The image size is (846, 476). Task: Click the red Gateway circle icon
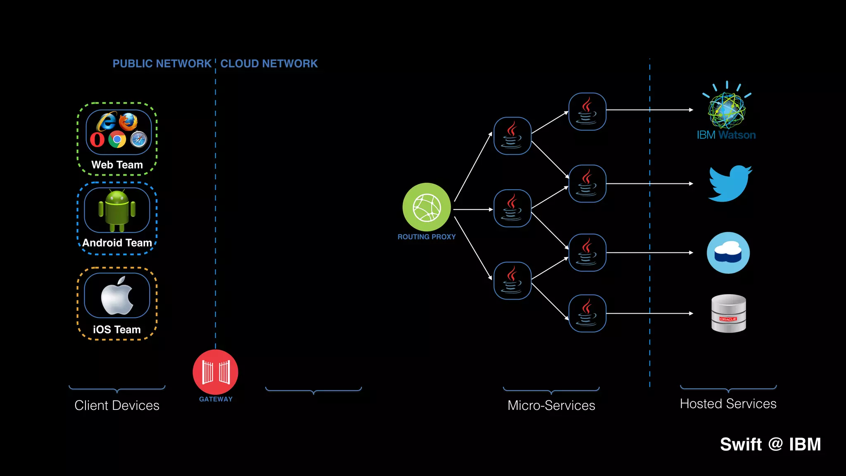click(215, 372)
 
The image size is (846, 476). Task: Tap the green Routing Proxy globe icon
click(427, 207)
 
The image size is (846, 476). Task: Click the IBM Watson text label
click(726, 135)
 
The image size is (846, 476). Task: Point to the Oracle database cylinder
click(729, 314)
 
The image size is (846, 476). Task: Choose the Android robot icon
click(117, 210)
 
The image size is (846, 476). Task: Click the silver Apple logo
click(117, 296)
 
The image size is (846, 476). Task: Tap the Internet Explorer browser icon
click(107, 121)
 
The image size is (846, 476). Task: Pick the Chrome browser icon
click(117, 140)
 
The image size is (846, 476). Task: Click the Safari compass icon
click(138, 140)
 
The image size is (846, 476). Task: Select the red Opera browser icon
click(97, 140)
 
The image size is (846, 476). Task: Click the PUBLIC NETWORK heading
click(162, 64)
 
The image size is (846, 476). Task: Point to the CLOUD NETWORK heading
click(269, 64)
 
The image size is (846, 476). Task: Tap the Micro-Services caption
click(551, 405)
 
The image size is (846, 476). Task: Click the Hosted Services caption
click(728, 404)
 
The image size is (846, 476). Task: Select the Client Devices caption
click(117, 405)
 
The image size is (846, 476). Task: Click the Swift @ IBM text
click(770, 445)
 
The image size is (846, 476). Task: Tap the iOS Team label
click(117, 329)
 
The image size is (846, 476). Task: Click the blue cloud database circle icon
click(728, 253)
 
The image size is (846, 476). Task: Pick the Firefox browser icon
click(128, 121)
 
